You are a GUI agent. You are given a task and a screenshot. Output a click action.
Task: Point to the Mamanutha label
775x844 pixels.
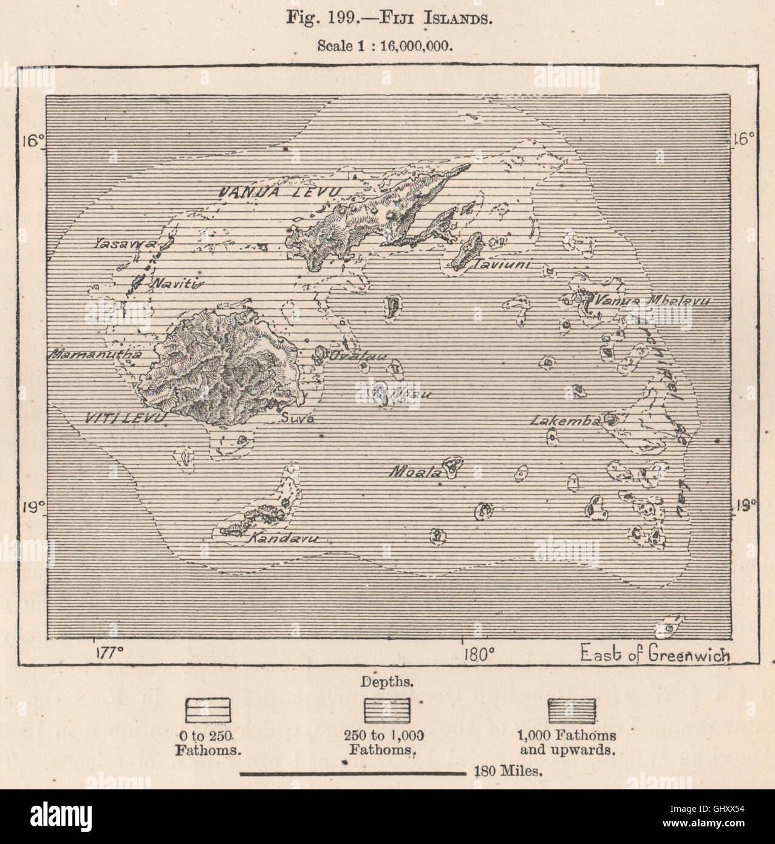click(x=97, y=353)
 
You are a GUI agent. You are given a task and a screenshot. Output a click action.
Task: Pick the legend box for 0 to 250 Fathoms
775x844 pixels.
click(x=208, y=709)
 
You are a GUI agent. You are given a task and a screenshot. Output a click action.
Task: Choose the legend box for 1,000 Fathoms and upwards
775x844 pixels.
click(x=572, y=709)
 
